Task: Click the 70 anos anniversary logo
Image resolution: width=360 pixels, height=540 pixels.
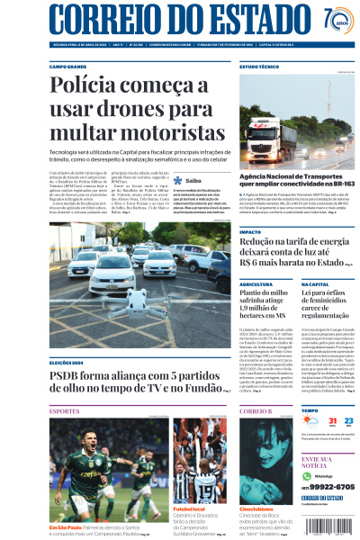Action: (336, 21)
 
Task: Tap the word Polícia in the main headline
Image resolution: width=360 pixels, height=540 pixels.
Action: (85, 87)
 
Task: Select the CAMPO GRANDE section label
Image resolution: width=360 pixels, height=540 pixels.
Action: (69, 66)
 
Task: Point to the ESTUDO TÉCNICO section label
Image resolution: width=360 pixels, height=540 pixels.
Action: (258, 66)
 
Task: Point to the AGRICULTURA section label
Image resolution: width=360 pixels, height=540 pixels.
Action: (256, 283)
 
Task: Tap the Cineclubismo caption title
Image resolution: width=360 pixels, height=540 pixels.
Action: (256, 509)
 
